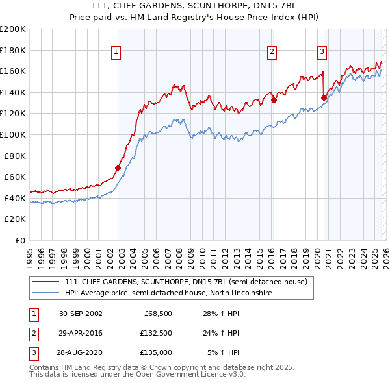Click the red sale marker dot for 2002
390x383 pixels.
tap(118, 167)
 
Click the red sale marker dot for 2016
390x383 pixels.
tap(274, 100)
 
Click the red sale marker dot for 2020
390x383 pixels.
tap(324, 97)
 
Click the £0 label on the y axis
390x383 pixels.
tap(21, 240)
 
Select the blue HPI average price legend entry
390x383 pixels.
tap(168, 293)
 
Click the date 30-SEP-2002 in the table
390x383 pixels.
tap(81, 314)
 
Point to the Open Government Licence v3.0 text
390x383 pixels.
tap(184, 375)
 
